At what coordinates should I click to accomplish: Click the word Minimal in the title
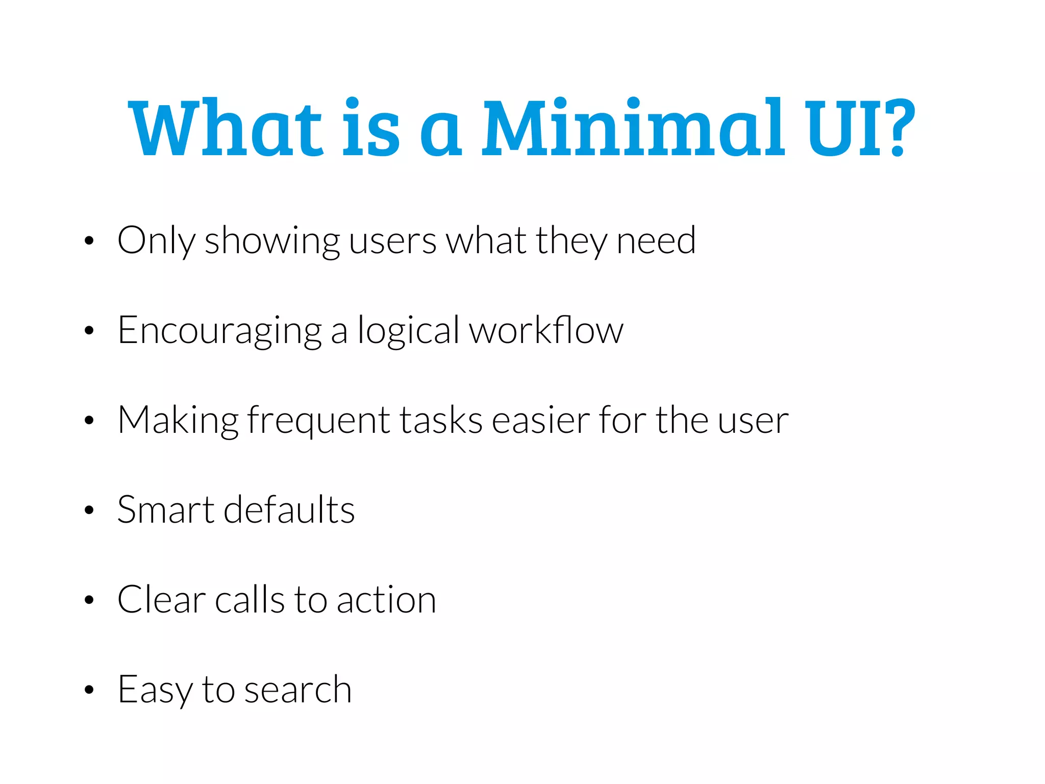(x=633, y=128)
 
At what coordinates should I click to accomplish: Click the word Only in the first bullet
(x=156, y=240)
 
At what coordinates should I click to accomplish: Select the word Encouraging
(x=219, y=331)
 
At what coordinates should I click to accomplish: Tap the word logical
(x=408, y=331)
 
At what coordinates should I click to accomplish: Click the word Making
(x=178, y=421)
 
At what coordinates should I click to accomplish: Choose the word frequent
(x=319, y=421)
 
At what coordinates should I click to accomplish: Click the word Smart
(x=166, y=509)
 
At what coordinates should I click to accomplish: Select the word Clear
(x=161, y=599)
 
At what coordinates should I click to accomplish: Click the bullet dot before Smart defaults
(x=89, y=509)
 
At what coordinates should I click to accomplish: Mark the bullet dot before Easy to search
(x=89, y=690)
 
